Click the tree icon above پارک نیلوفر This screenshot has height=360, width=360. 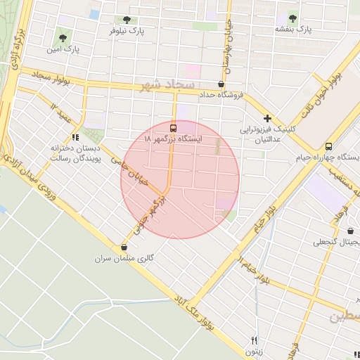coord(127,20)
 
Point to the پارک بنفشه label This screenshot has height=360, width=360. coord(294,29)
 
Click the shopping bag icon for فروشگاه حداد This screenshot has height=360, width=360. coord(221,84)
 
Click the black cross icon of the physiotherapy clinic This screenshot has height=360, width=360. coord(267,118)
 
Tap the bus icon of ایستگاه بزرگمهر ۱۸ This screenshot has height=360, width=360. coord(174,127)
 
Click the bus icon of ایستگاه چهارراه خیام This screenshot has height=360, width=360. coord(329,146)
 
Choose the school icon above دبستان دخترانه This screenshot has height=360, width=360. coord(76,137)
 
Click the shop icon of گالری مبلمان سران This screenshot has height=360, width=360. coord(124,247)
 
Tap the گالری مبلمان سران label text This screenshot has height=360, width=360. coord(124,258)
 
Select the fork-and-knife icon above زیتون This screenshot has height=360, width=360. coord(255,340)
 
